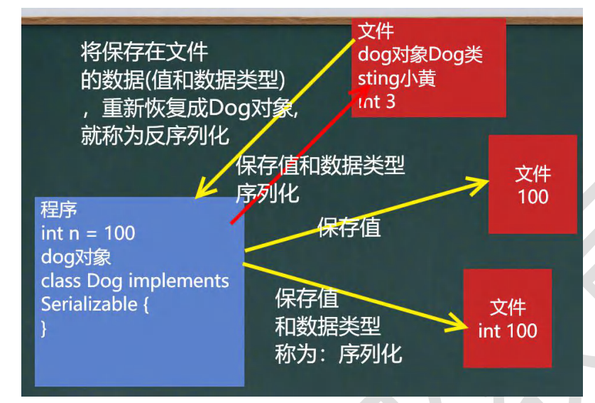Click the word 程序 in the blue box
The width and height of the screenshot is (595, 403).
pyautogui.click(x=59, y=210)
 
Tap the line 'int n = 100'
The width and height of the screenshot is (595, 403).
pyautogui.click(x=88, y=233)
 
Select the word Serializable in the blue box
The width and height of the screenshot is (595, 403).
pyautogui.click(x=89, y=304)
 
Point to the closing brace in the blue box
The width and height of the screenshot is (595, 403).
pyautogui.click(x=44, y=328)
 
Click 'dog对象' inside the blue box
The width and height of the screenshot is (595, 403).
pyautogui.click(x=76, y=257)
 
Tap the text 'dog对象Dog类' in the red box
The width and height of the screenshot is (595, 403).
pyautogui.click(x=420, y=55)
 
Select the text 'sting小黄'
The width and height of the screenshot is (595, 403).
pyautogui.click(x=396, y=79)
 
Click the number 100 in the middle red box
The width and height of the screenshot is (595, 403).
pyautogui.click(x=533, y=197)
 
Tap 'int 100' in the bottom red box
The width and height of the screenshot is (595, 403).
pyautogui.click(x=508, y=331)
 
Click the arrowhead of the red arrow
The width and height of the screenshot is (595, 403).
pyautogui.click(x=361, y=91)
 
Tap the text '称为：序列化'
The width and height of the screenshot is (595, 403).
pyautogui.click(x=339, y=354)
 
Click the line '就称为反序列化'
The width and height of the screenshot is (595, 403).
pyautogui.click(x=155, y=136)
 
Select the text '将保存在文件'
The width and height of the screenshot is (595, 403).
pyautogui.click(x=144, y=52)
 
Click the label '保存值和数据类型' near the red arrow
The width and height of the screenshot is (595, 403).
pyautogui.click(x=320, y=166)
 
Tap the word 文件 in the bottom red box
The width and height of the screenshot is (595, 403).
pyautogui.click(x=508, y=307)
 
